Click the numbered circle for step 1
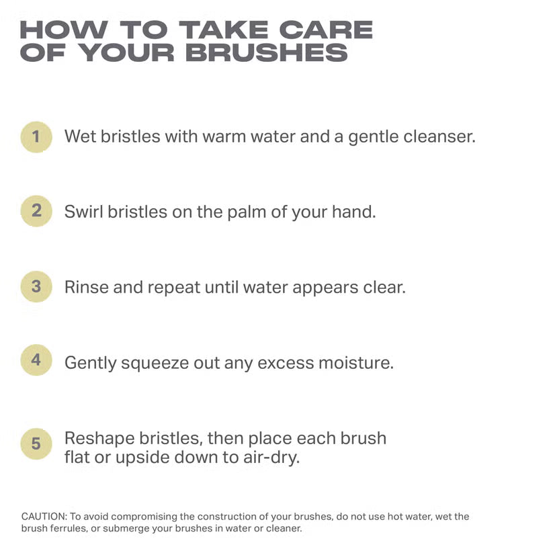point(36,136)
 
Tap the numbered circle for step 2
point(36,211)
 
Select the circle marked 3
point(36,286)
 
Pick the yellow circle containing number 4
point(36,360)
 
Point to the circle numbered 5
point(36,443)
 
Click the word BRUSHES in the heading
point(266,52)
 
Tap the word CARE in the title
point(326,30)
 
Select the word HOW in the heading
point(64,30)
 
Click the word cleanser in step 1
point(439,136)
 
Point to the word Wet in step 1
point(80,136)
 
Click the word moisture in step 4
point(356,363)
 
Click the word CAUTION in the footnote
point(44,517)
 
